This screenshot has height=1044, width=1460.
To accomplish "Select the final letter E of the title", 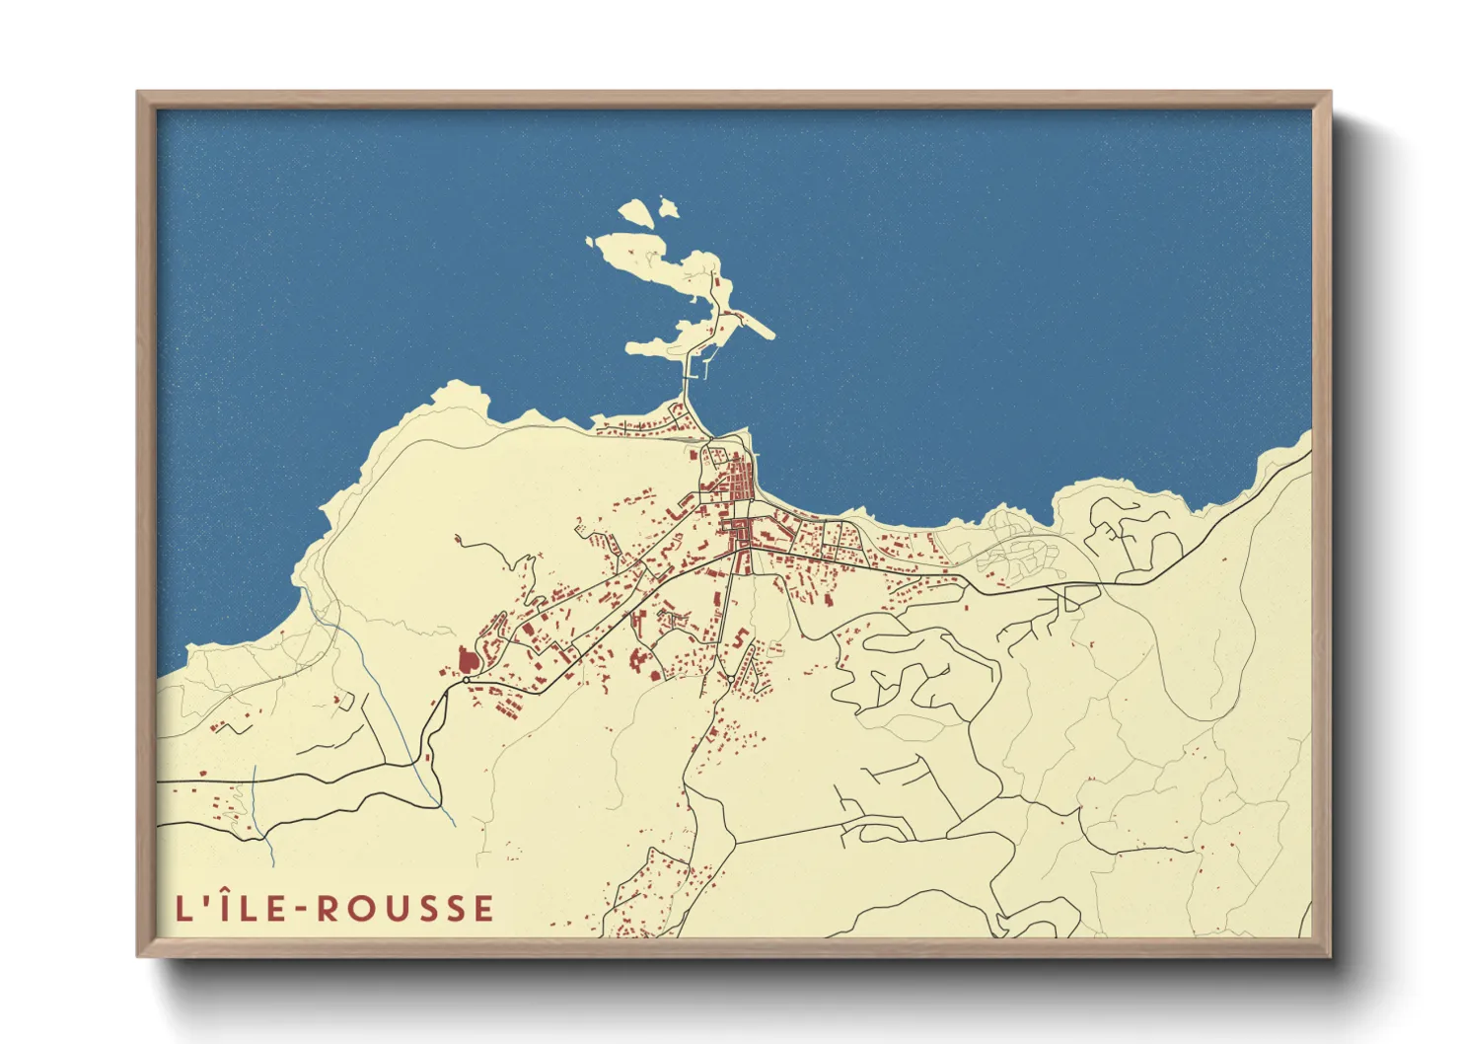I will (483, 909).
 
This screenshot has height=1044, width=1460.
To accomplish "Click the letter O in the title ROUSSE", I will (360, 909).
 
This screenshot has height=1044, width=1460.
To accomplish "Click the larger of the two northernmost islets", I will (634, 213).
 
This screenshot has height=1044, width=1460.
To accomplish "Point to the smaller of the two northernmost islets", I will (669, 209).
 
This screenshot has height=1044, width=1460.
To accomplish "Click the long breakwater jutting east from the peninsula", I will (755, 324).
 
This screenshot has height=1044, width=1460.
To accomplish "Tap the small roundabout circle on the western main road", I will (466, 680).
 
